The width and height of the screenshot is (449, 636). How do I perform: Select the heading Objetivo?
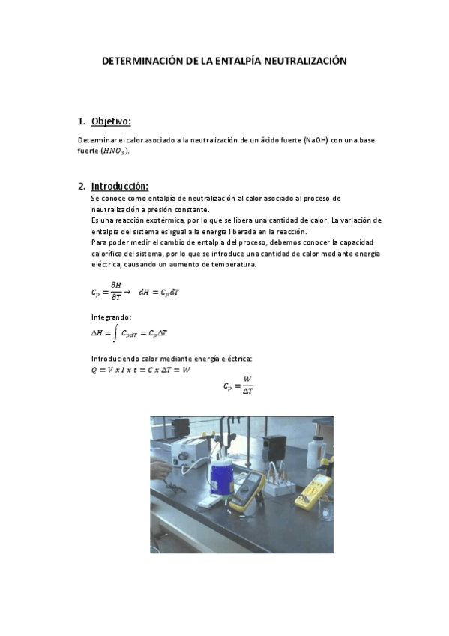[111, 121]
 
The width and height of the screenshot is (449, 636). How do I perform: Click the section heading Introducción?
[120, 186]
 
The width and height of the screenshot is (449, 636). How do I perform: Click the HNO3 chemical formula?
[115, 151]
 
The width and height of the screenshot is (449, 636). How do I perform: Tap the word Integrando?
[111, 317]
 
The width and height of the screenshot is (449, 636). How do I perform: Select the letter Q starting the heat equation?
[94, 370]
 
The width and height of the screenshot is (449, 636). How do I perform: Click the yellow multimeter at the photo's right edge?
[313, 492]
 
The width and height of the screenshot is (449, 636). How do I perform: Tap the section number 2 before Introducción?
[81, 186]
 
